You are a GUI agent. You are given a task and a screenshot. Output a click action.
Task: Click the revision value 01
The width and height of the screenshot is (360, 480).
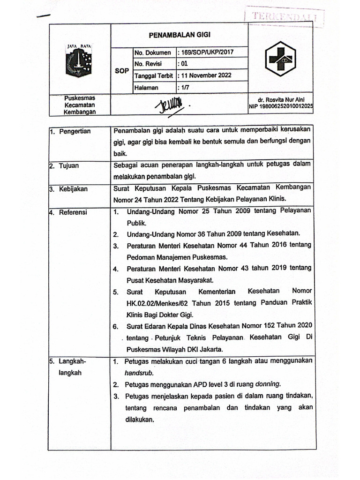point(184,64)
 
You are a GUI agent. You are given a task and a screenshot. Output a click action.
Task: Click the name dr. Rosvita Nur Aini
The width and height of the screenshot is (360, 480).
point(281,100)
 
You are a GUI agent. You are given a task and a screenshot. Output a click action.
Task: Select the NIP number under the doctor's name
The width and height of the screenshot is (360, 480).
point(281,107)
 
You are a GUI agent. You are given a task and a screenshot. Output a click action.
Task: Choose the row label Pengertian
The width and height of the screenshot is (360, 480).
point(75,131)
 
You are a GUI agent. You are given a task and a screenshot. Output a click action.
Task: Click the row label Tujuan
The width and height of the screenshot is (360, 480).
point(69,165)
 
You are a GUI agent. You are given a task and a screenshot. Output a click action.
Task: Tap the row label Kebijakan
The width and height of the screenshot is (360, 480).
point(73,189)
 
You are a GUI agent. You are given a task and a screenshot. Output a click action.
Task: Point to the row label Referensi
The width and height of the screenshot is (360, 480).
point(73,212)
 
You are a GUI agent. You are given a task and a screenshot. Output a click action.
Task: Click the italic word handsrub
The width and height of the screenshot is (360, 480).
point(139,373)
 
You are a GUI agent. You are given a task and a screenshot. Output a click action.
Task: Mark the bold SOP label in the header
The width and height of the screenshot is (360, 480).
point(121,70)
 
